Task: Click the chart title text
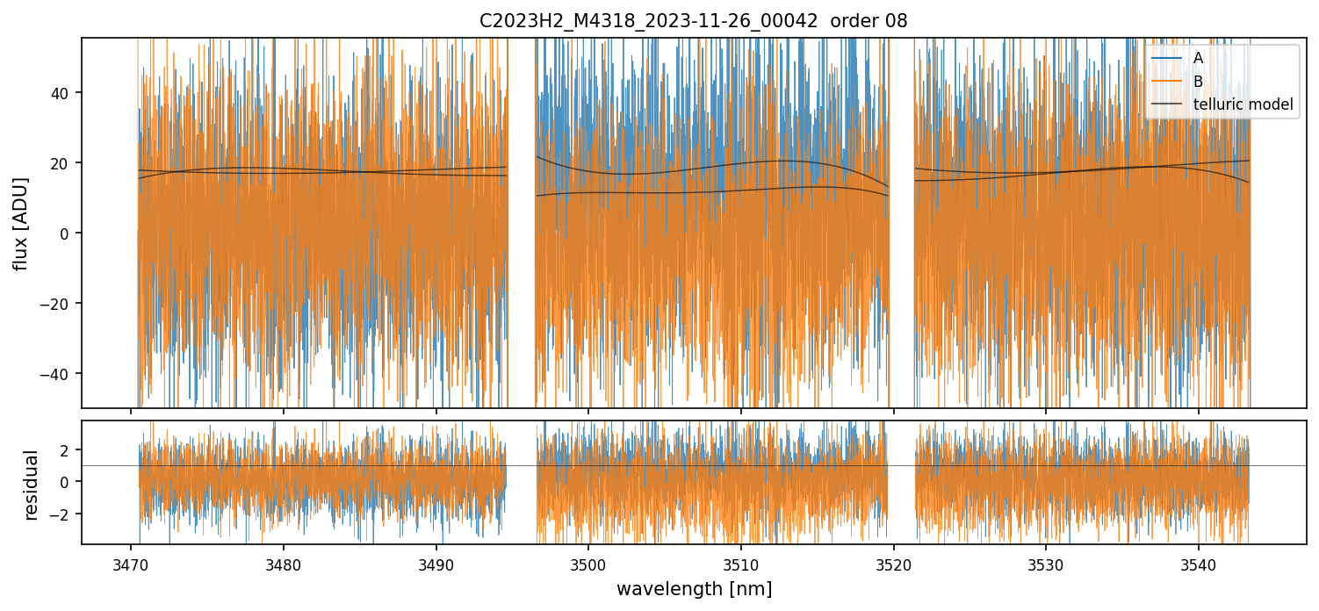pyautogui.click(x=694, y=21)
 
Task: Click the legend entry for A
pyautogui.click(x=1198, y=58)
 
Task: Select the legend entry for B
pyautogui.click(x=1198, y=82)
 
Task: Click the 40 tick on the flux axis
pyautogui.click(x=63, y=92)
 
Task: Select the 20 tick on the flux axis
pyautogui.click(x=63, y=162)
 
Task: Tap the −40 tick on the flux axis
pyautogui.click(x=60, y=373)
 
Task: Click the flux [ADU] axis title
pyautogui.click(x=20, y=223)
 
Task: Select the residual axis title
pyautogui.click(x=32, y=485)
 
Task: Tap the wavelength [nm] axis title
pyautogui.click(x=694, y=588)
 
